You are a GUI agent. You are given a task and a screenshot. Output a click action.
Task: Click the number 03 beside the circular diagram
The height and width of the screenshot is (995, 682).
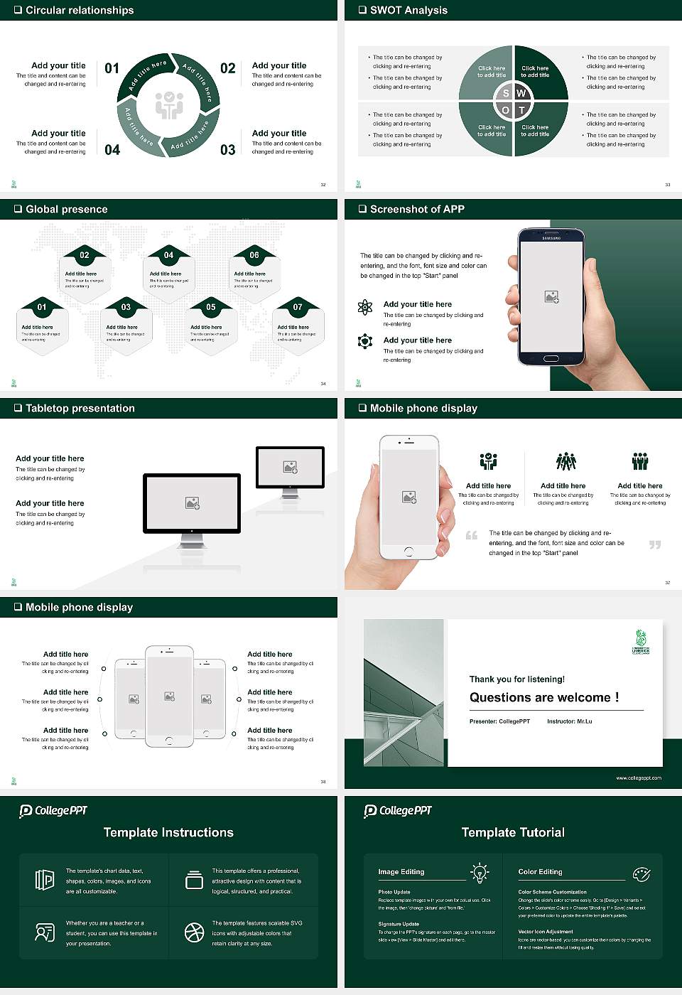(x=227, y=150)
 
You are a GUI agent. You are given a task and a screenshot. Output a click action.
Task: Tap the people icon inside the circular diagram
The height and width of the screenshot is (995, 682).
(x=169, y=105)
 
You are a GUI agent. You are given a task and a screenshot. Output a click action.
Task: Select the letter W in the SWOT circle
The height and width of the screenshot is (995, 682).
(x=521, y=93)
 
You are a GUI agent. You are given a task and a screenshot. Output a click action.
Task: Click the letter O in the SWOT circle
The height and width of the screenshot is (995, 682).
(x=505, y=110)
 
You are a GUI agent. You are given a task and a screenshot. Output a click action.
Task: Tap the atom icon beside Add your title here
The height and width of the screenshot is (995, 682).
(x=365, y=307)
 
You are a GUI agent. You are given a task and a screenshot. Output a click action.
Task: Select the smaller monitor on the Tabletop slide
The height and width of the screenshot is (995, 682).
(x=290, y=469)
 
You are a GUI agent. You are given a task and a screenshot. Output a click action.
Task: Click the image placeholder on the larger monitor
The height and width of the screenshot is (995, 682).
(x=192, y=502)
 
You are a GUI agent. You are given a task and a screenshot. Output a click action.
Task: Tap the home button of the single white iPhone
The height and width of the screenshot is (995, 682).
(x=408, y=552)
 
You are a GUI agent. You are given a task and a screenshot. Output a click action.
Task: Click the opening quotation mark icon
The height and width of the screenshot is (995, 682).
(x=472, y=535)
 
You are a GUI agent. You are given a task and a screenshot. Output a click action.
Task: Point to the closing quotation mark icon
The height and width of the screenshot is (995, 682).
(x=655, y=544)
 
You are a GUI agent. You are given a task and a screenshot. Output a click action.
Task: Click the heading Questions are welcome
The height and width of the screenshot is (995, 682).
(x=544, y=697)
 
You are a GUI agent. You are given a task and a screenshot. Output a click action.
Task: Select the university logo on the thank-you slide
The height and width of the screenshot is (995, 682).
(x=641, y=641)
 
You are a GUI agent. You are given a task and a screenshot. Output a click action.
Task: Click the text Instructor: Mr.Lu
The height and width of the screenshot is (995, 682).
(x=569, y=721)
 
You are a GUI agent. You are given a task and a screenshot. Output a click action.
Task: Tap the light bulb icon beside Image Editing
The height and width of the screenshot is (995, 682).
(x=480, y=872)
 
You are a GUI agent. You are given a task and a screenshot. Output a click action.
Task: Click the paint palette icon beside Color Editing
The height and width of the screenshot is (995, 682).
(x=641, y=873)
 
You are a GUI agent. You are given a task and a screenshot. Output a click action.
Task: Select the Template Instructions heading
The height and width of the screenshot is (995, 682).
(x=168, y=832)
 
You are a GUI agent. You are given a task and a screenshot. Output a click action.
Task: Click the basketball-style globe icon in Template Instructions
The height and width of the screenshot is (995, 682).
(x=194, y=932)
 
